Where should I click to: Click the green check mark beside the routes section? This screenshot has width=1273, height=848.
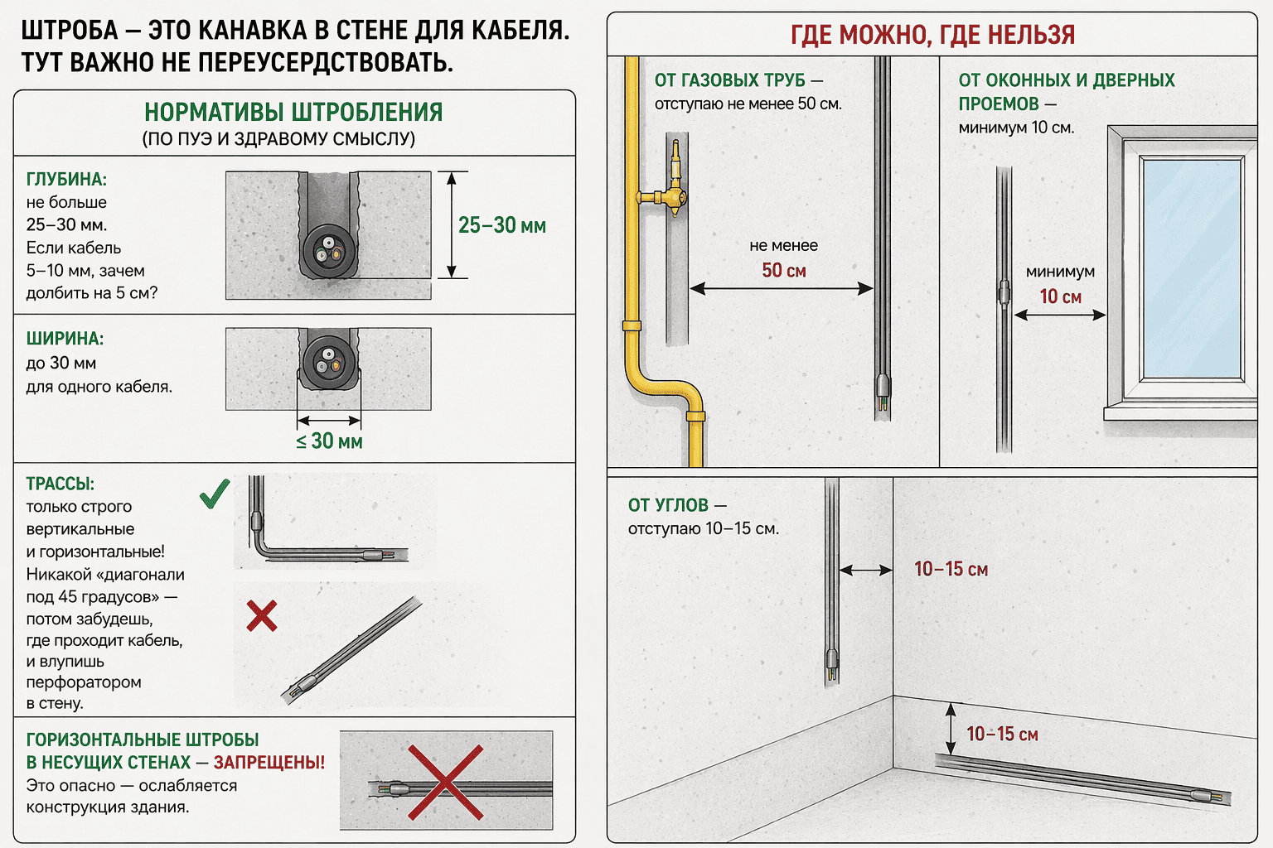point(215,494)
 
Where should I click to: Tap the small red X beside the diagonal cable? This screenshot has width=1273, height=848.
point(262,616)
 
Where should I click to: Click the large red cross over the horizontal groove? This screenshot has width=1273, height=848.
point(445,782)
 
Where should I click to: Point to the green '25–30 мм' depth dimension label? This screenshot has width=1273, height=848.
point(502,225)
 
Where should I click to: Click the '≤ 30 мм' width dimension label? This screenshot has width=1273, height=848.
point(329,441)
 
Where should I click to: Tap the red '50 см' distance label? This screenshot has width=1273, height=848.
point(784,271)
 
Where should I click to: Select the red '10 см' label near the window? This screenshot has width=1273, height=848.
point(1061,296)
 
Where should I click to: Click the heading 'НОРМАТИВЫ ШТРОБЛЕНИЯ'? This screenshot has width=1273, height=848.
point(293,113)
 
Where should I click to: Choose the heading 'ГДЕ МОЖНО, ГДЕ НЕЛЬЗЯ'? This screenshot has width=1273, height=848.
point(932,35)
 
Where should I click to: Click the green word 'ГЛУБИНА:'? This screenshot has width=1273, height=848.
point(66,180)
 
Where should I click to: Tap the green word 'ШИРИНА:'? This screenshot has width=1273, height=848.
point(65,339)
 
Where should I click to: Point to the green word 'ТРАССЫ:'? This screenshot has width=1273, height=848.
point(61,484)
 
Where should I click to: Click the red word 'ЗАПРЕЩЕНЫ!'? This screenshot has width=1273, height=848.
point(269,763)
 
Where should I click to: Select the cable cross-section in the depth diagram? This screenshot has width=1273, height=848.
point(328,249)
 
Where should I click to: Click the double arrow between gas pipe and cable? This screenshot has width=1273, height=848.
point(781,288)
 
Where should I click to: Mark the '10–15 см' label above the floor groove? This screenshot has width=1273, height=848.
point(1002,734)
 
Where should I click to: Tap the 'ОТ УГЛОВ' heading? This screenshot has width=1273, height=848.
point(668,505)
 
